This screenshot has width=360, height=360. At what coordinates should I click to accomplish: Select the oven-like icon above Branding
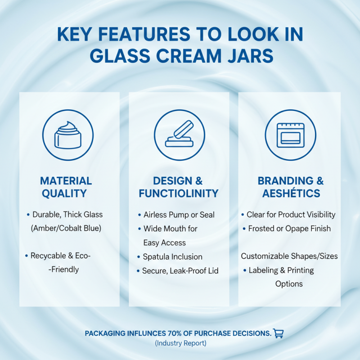(290, 135)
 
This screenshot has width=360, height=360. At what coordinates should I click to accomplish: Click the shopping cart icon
(279, 333)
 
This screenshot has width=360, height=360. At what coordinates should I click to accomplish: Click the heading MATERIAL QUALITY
(66, 187)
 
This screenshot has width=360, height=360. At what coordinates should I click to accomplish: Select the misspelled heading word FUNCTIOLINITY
(179, 194)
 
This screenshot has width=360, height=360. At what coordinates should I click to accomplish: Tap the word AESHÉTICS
(290, 194)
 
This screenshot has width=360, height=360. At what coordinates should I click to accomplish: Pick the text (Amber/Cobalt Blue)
(66, 228)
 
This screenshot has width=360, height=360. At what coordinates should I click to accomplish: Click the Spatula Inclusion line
(172, 256)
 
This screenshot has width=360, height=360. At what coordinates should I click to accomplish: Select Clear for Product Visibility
(291, 215)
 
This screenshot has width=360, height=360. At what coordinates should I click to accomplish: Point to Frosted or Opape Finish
(289, 229)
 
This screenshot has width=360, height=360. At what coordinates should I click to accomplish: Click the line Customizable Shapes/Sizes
(289, 256)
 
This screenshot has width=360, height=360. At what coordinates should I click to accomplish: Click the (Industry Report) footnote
(180, 343)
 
